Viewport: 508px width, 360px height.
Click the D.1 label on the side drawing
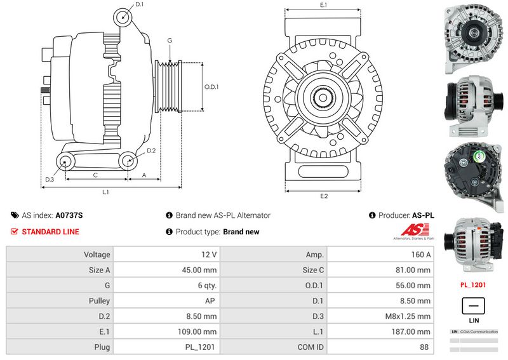140,5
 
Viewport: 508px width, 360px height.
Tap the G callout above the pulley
170,41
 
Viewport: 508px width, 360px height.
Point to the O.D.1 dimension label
211,87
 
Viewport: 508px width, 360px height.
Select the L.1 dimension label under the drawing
106,191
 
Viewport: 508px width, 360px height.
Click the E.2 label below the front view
324,196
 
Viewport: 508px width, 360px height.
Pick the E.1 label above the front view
323,5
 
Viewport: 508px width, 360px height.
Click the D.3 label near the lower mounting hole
49,180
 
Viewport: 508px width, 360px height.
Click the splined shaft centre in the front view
324,98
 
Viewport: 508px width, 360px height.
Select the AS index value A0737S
69,216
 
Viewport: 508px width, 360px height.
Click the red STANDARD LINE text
50,232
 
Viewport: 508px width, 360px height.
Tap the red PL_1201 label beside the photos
473,285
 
